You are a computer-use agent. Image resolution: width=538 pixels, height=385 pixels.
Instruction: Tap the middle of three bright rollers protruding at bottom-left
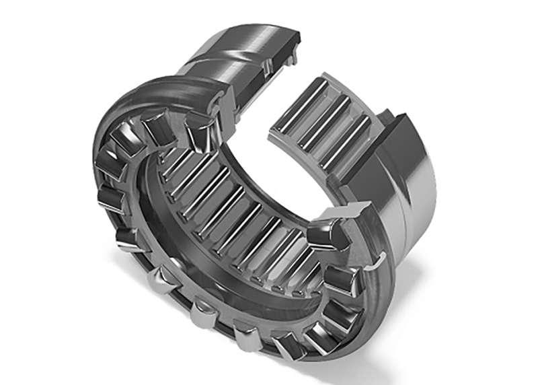pos(202,314)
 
